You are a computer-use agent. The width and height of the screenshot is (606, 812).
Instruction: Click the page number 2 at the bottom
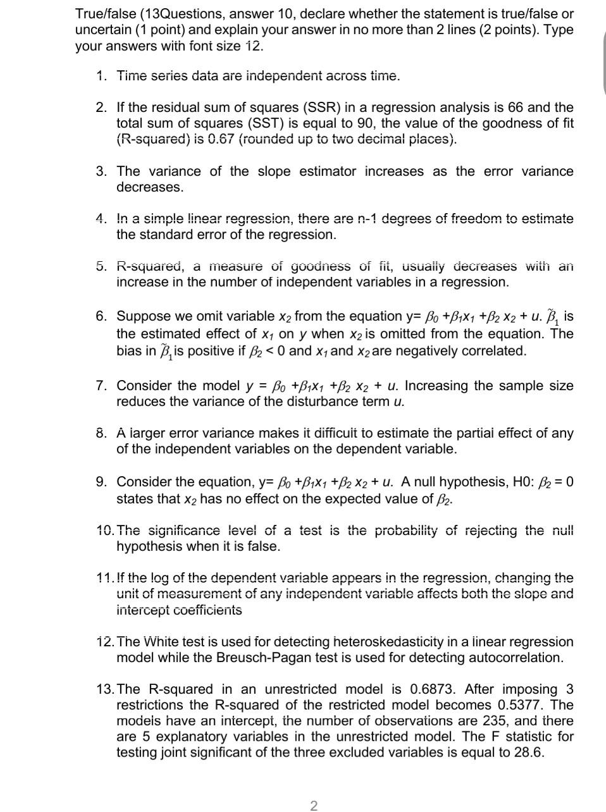pos(314,805)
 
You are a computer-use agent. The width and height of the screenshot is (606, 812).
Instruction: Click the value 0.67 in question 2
pos(218,140)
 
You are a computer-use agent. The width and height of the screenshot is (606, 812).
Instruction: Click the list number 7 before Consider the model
pos(101,386)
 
